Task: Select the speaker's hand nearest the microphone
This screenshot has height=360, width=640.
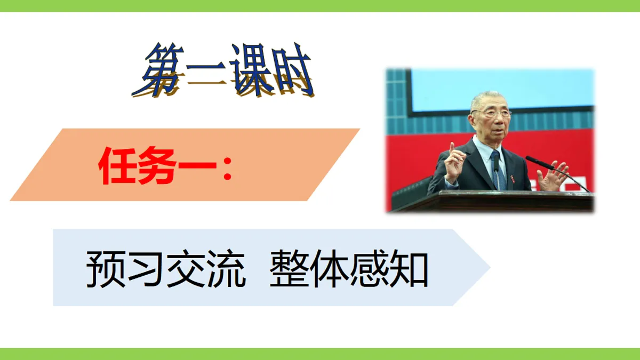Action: pos(553,176)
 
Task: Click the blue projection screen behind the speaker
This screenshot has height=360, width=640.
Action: pos(501,88)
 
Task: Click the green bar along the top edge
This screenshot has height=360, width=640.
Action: pos(320,5)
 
